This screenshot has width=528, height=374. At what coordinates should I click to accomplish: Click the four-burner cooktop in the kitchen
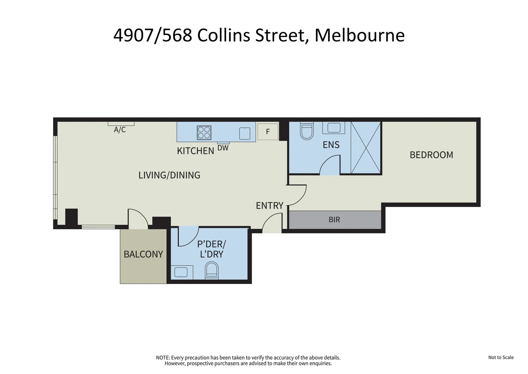(204, 133)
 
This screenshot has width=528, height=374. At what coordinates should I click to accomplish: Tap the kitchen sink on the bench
(245, 133)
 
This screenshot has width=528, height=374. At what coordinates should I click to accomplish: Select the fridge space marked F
(268, 132)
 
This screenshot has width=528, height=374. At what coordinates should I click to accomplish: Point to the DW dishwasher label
(223, 148)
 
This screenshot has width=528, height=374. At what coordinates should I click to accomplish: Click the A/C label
(120, 130)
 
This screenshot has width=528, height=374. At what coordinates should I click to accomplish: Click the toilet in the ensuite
(307, 131)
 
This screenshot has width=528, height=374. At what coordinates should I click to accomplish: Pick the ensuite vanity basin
(334, 128)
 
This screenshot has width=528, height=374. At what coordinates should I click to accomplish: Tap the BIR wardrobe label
(334, 220)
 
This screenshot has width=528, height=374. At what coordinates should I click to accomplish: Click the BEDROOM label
(431, 155)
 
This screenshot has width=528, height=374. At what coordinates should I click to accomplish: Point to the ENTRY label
(269, 206)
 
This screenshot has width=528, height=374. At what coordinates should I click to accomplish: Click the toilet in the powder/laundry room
(212, 270)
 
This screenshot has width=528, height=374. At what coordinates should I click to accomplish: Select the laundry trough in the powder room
(181, 272)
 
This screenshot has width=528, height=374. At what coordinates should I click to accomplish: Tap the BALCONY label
(143, 254)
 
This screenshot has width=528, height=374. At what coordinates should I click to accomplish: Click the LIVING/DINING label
(169, 175)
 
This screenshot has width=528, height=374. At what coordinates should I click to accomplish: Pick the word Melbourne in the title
(360, 35)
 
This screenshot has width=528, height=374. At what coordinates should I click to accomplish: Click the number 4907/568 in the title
(152, 35)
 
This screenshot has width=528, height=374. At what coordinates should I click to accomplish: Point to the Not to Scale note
(501, 357)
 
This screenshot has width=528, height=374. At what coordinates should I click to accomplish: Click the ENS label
(331, 145)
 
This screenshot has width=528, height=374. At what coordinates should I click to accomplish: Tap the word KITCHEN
(195, 151)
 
